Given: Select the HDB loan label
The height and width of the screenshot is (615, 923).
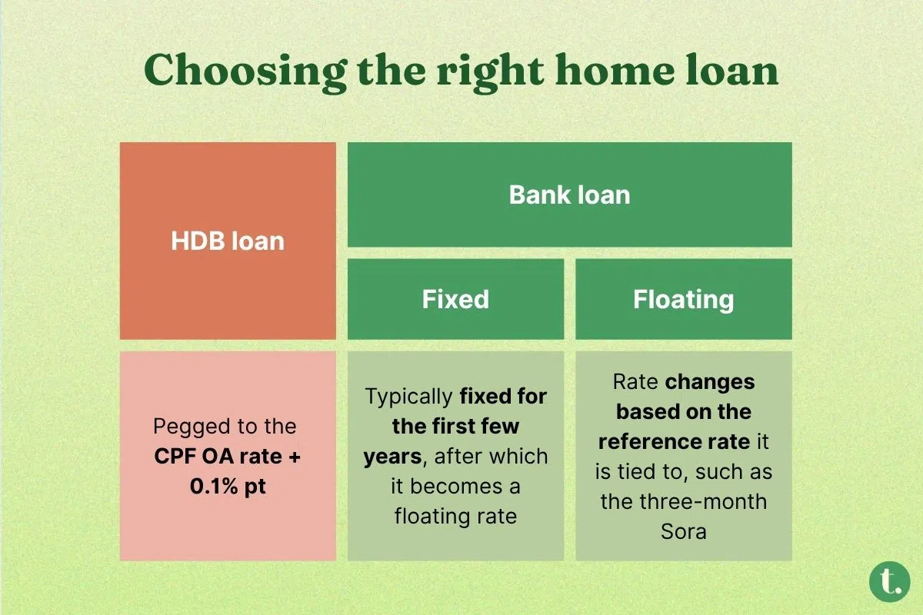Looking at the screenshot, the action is click(x=228, y=241).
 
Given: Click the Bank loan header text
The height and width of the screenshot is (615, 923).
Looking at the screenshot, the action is click(x=569, y=194).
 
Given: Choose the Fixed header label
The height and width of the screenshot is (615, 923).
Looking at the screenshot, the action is click(x=455, y=298).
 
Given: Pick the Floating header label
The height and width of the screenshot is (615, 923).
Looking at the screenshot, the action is click(x=684, y=300).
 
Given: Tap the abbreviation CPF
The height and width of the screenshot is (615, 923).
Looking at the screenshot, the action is click(x=175, y=457).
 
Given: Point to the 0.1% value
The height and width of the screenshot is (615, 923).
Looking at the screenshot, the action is click(x=214, y=487).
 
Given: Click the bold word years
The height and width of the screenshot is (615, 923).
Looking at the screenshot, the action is click(x=393, y=457).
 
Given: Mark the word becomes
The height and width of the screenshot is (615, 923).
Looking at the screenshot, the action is click(x=456, y=487).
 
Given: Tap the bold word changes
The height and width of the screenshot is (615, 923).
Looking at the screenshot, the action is click(x=710, y=382).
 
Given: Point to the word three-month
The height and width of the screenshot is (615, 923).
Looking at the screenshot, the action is click(x=703, y=502).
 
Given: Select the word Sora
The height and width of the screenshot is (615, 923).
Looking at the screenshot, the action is click(x=684, y=531).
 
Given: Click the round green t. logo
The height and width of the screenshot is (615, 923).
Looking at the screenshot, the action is click(x=890, y=582).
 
